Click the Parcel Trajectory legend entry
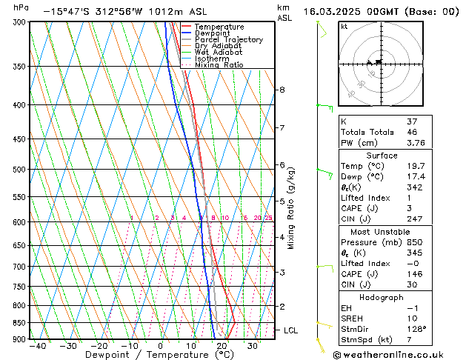pos(228,40)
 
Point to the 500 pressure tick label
pos(19,170)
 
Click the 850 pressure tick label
pos(19,323)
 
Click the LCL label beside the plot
pos(290,330)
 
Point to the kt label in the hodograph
pos(344,27)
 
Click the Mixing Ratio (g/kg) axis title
pos(291,208)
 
